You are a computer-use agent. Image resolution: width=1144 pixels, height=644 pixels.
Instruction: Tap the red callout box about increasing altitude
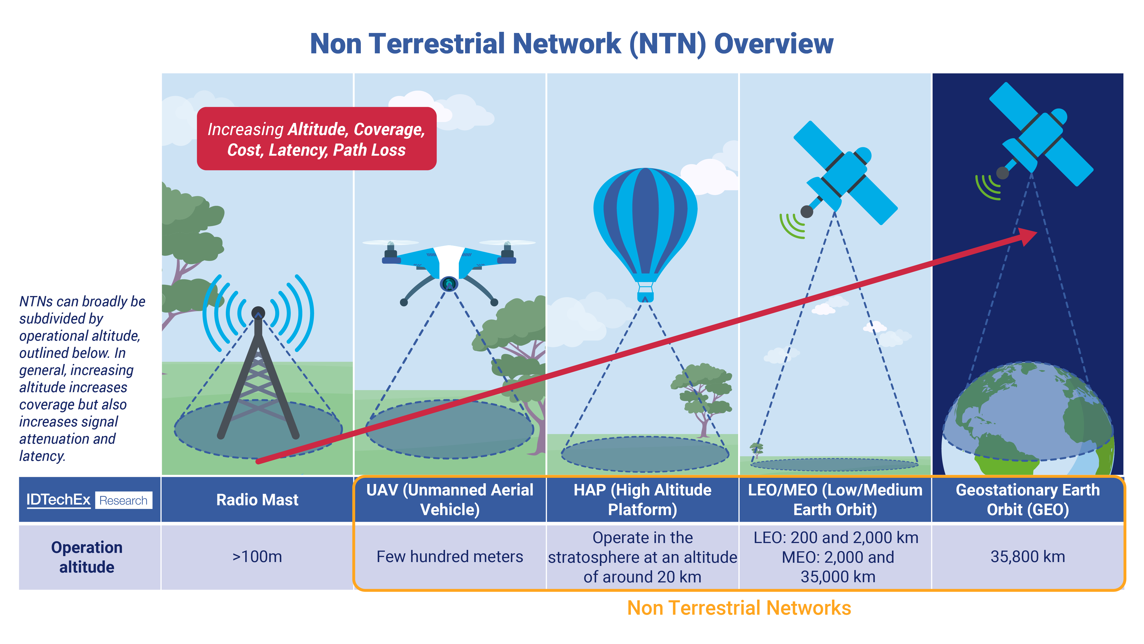point(316,139)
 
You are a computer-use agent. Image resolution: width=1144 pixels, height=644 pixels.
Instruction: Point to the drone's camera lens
point(449,284)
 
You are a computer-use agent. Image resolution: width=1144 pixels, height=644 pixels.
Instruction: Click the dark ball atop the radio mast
point(258,313)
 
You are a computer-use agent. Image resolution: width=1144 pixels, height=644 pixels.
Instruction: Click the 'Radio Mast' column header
point(257,500)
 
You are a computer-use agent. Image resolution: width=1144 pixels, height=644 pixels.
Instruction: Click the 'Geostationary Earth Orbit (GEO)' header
point(1028,500)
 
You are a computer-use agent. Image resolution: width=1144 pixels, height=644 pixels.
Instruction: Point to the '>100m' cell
point(257,557)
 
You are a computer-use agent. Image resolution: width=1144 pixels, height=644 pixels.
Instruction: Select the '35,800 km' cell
point(1028,557)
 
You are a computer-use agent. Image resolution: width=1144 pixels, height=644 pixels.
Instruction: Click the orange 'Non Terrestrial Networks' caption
point(739,608)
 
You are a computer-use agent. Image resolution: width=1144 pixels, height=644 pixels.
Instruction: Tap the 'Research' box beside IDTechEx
point(124,500)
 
